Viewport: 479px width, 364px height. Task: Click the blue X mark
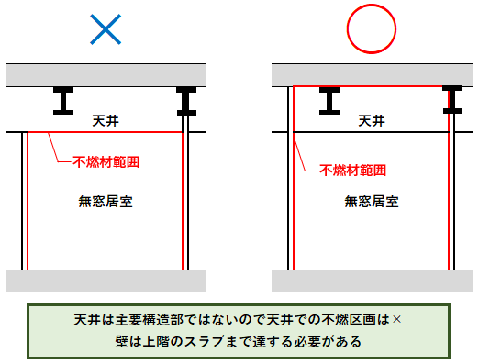point(106,31)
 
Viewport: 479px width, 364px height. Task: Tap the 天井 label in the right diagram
point(371,121)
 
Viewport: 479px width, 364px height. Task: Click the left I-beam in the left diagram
point(63,100)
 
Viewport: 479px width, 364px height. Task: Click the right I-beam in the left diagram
point(187,100)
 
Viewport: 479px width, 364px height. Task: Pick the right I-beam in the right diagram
point(453,100)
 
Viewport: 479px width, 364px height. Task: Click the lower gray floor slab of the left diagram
point(106,281)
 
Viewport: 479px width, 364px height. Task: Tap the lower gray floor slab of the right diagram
point(372,281)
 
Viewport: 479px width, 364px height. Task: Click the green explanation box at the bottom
point(239,331)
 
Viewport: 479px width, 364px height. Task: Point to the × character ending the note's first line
point(396,321)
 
